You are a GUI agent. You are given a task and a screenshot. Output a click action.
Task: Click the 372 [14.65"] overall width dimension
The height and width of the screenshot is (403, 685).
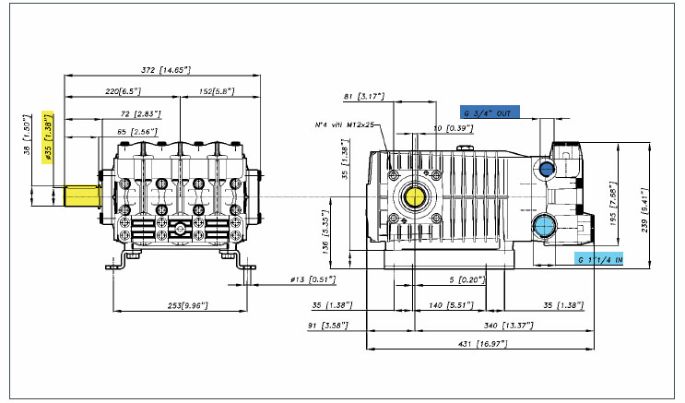point(159,71)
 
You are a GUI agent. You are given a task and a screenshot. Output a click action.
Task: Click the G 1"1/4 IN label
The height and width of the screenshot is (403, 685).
point(598,259)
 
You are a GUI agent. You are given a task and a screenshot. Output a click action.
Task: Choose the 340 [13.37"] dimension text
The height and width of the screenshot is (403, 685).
point(503,325)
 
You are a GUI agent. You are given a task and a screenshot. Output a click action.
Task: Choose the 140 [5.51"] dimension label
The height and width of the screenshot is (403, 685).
point(446,304)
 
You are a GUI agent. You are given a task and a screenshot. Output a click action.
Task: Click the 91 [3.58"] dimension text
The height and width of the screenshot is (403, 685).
point(328,325)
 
